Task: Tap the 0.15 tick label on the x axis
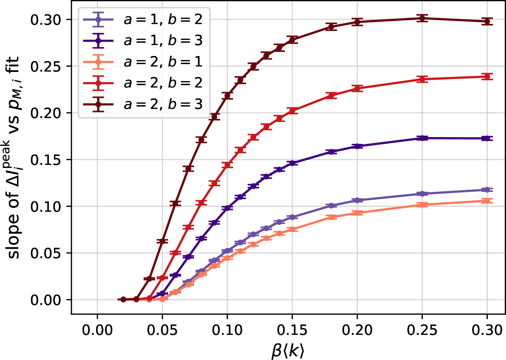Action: click(292, 330)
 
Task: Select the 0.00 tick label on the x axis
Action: click(97, 330)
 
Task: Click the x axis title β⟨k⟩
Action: click(288, 351)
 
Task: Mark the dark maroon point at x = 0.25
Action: click(422, 18)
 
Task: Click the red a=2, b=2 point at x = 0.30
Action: click(487, 77)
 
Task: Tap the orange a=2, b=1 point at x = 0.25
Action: click(422, 205)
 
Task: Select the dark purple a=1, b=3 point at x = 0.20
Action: click(357, 146)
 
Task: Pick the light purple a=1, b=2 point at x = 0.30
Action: click(487, 190)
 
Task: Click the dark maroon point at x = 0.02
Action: click(123, 299)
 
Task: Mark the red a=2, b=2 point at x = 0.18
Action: click(331, 95)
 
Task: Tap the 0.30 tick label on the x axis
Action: click(487, 330)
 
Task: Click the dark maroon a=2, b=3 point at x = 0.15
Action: click(292, 40)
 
